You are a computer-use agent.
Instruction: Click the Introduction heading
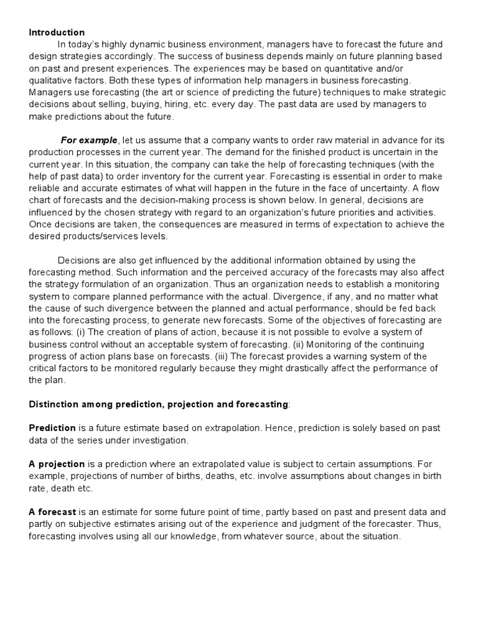(57, 32)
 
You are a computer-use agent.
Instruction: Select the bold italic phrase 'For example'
(88, 140)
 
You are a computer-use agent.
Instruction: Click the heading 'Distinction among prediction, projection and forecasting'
(159, 404)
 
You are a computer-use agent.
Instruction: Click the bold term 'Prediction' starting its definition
(52, 429)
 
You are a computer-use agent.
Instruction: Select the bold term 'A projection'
(57, 464)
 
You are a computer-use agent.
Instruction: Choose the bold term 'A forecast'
(52, 512)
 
